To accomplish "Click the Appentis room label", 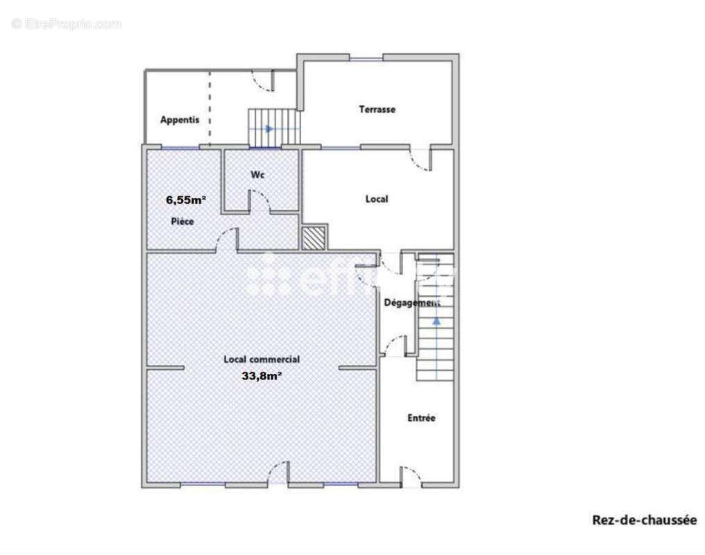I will (x=180, y=119).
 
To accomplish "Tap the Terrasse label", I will (x=377, y=109).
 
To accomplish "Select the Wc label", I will (x=257, y=176).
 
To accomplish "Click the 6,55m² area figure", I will (x=185, y=200).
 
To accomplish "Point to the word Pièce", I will (x=182, y=221).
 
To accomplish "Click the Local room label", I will (x=376, y=199).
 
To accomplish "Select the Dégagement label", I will (x=411, y=302).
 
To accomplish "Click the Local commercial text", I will (x=262, y=359).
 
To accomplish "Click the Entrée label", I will (x=421, y=418).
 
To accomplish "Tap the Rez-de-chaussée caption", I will (x=644, y=520).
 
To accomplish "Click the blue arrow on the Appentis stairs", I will (x=269, y=128).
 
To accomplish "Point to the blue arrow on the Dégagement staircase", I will (x=436, y=321).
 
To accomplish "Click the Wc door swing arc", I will (x=260, y=200).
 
